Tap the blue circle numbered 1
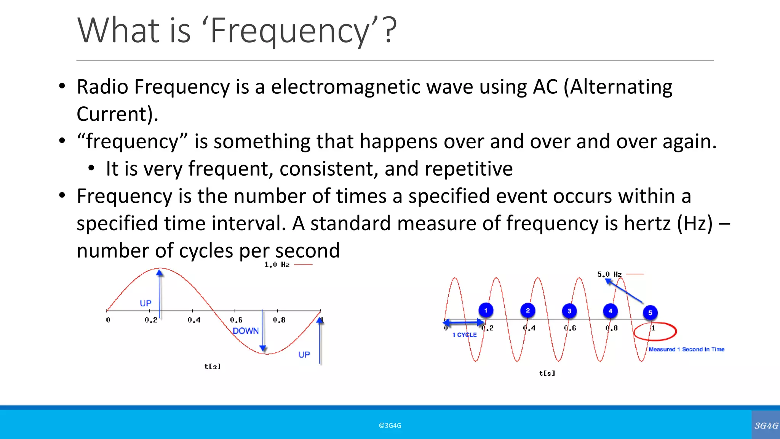[486, 310]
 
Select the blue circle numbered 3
[569, 311]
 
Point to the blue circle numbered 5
[650, 312]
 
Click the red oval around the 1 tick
[655, 331]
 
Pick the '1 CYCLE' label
[464, 335]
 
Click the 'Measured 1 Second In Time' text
[686, 349]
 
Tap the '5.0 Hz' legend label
[609, 274]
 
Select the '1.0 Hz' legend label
[277, 264]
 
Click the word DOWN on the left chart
[246, 331]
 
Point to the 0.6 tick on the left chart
[236, 320]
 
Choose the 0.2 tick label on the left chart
[151, 320]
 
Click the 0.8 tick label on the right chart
[612, 328]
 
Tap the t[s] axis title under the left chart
[213, 367]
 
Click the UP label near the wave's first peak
[145, 303]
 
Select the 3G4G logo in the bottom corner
[766, 425]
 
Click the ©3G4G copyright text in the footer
[390, 426]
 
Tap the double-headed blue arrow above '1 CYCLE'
[464, 323]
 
